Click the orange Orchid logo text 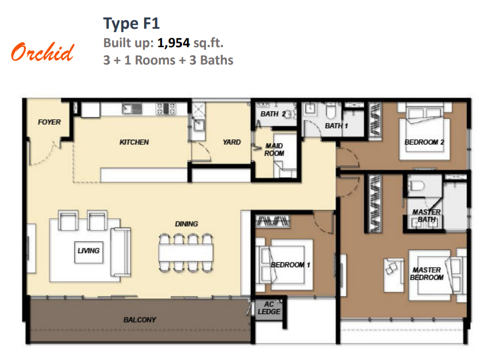point(43,52)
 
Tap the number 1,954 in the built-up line point(173,43)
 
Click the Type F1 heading point(132,24)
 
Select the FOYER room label point(49,122)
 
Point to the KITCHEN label point(134,142)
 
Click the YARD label point(232,142)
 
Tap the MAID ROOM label point(274,150)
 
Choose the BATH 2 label point(273,114)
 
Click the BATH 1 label point(336,126)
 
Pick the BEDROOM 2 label point(424,142)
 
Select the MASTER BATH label point(426,216)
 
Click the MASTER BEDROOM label point(427,274)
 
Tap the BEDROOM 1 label point(291,265)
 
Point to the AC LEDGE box point(269,308)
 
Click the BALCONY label point(140,320)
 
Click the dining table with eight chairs point(186,253)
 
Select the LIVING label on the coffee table point(89,251)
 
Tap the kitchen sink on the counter point(132,109)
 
